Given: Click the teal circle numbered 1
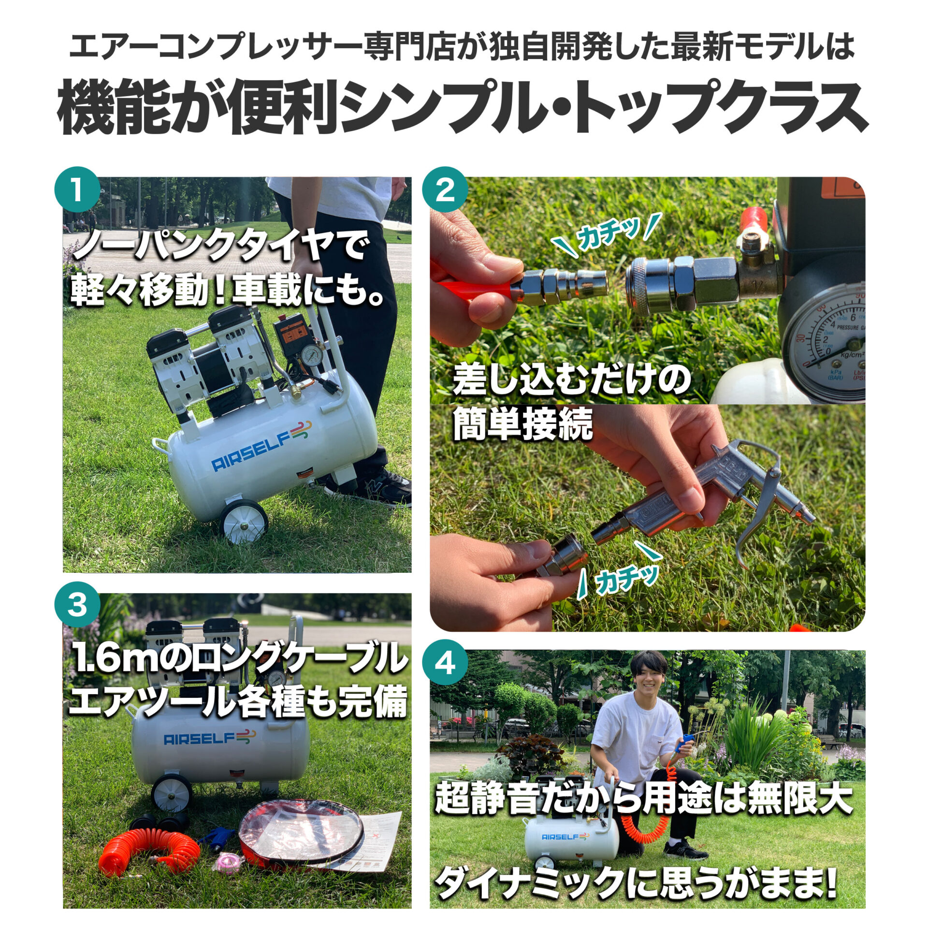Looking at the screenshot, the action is pyautogui.click(x=77, y=190).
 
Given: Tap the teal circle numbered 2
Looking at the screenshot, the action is pyautogui.click(x=445, y=190).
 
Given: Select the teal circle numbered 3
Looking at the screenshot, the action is pyautogui.click(x=77, y=605).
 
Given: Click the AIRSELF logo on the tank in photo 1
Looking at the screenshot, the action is pyautogui.click(x=261, y=445).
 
